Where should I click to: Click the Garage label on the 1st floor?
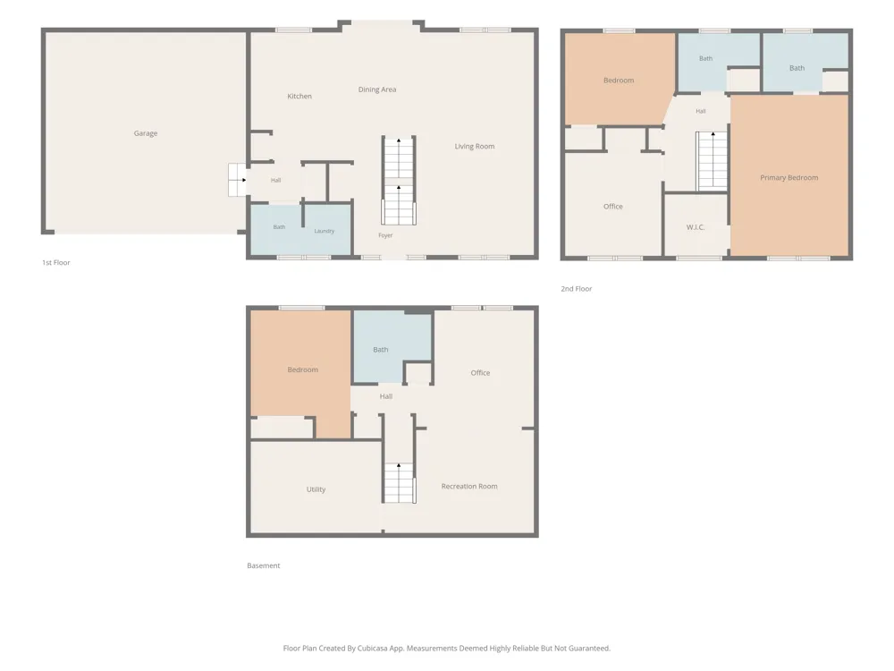(x=146, y=133)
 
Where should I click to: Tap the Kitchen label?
(x=299, y=97)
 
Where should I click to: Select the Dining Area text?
(x=377, y=89)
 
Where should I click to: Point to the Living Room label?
(x=475, y=147)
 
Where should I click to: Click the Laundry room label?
(x=324, y=231)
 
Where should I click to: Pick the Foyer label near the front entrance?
(x=385, y=235)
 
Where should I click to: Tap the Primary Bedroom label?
(x=789, y=178)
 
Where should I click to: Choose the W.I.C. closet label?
(x=696, y=227)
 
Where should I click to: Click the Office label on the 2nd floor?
(x=613, y=207)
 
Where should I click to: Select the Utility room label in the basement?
(x=316, y=489)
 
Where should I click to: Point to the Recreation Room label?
(x=469, y=486)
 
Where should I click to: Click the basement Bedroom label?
(x=303, y=369)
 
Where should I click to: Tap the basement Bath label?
(x=380, y=350)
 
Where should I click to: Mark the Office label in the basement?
(x=480, y=373)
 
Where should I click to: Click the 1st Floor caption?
(x=55, y=262)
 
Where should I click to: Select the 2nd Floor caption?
(x=577, y=289)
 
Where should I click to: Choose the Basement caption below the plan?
(x=264, y=565)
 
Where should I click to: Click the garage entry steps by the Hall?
(x=237, y=180)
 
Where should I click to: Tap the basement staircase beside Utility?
(x=399, y=483)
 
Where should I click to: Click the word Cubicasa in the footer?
(x=374, y=648)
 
